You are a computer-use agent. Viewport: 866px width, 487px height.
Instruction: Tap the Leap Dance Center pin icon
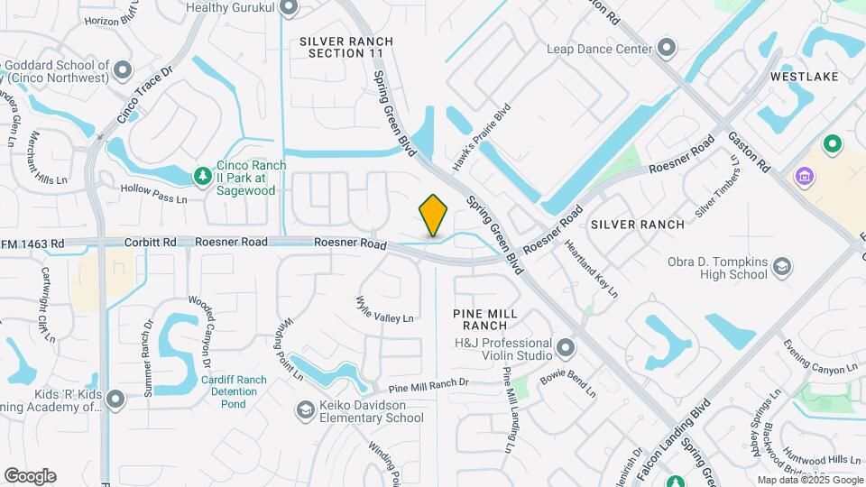tap(667, 48)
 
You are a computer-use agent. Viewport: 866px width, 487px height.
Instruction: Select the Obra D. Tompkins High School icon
tap(782, 266)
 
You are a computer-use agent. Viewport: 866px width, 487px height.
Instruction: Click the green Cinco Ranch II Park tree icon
tap(204, 174)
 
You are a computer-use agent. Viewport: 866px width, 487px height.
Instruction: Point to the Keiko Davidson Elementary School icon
tap(305, 410)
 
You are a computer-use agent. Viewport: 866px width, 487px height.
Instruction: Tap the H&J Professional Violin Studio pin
tap(566, 347)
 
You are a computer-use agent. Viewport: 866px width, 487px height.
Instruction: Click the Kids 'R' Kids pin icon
tap(115, 399)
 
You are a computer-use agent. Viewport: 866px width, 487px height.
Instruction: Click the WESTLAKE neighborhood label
tap(804, 77)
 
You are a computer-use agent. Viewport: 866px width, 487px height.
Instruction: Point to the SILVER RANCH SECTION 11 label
tap(346, 48)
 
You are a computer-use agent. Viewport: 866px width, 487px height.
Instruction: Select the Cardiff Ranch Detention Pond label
tap(233, 391)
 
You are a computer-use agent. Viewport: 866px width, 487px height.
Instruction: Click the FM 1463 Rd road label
tap(32, 243)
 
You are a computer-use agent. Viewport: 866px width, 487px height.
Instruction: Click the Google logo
tap(30, 475)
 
